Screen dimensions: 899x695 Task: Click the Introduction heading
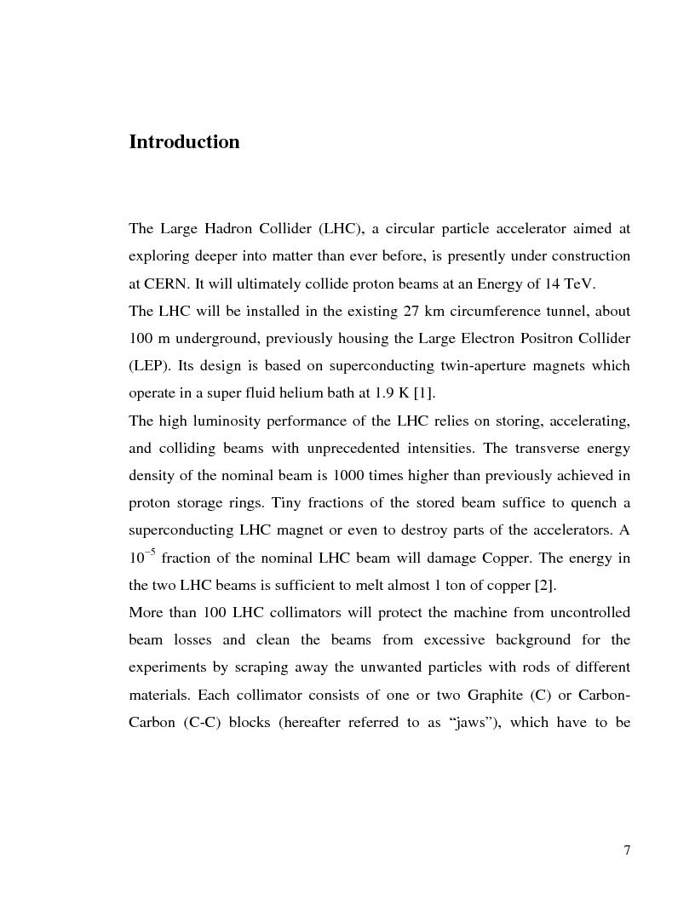coord(184,142)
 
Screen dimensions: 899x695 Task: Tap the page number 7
coord(627,850)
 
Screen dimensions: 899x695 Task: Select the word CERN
coord(166,283)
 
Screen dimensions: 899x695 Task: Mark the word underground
coord(212,338)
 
